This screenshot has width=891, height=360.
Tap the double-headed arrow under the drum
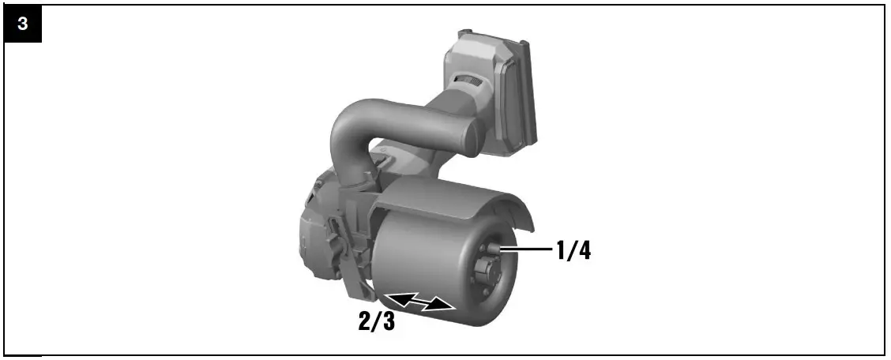(420, 302)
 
